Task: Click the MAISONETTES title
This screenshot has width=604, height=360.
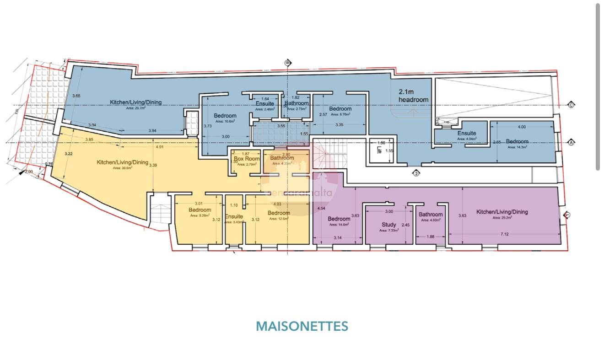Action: click(x=302, y=326)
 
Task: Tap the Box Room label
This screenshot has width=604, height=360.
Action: click(x=247, y=159)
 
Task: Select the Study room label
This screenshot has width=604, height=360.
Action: click(x=389, y=225)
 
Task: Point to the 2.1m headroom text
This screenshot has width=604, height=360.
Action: click(x=413, y=96)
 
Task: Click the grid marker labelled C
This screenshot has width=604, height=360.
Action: click(x=571, y=105)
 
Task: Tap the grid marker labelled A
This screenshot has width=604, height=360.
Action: click(x=571, y=142)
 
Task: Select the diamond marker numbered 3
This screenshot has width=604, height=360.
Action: click(x=415, y=173)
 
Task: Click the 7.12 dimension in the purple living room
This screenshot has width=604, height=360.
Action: click(x=504, y=234)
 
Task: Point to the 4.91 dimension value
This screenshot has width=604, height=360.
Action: click(x=160, y=147)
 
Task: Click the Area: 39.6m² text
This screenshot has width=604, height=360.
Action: click(x=123, y=168)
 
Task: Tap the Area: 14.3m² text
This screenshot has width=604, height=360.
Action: click(x=517, y=147)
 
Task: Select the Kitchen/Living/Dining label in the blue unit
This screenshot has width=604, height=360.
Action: click(x=136, y=102)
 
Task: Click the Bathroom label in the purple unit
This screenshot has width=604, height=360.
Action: click(x=431, y=215)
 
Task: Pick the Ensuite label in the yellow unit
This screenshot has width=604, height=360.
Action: click(x=233, y=216)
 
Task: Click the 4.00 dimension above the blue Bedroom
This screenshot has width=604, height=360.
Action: click(x=522, y=127)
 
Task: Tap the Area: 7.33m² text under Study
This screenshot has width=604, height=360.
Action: click(x=389, y=231)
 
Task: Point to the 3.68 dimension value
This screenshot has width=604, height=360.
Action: click(x=76, y=96)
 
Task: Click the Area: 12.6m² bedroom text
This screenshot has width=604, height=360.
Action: click(x=279, y=219)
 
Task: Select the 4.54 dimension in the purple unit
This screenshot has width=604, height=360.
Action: click(x=322, y=209)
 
